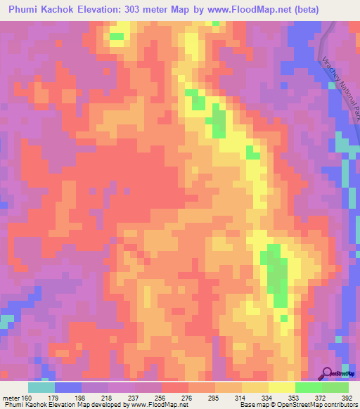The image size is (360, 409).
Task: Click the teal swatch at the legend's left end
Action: tap(41, 387)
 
